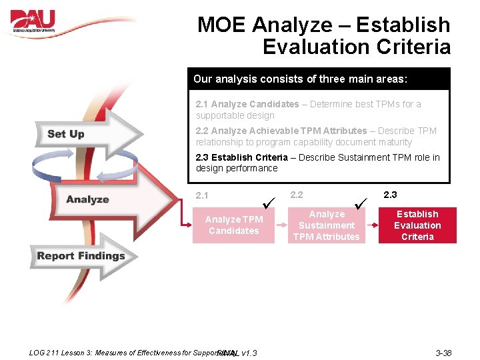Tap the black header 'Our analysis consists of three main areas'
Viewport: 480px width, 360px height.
click(x=300, y=79)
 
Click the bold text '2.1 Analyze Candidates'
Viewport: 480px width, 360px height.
click(x=247, y=104)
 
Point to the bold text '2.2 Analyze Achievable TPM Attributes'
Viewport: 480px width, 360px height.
click(x=281, y=131)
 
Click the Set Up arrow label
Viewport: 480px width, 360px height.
click(x=66, y=134)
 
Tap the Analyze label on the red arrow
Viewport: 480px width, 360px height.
click(x=87, y=199)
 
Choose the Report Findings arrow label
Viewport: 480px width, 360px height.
click(x=81, y=256)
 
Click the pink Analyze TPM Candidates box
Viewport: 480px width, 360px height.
click(x=233, y=225)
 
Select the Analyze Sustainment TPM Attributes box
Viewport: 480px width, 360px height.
click(x=327, y=225)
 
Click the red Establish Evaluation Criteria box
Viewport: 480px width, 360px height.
click(x=417, y=225)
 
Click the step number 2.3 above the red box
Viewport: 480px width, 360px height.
click(x=390, y=195)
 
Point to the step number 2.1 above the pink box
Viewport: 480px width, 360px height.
click(x=202, y=196)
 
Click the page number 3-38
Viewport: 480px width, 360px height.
click(x=443, y=352)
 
